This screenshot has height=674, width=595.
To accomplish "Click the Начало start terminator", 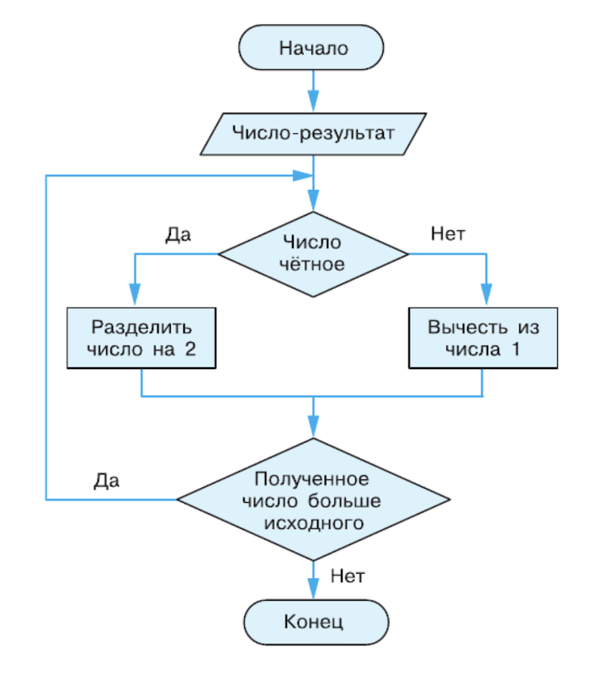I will point(312,47).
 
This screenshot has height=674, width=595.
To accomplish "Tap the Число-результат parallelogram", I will point(312,132).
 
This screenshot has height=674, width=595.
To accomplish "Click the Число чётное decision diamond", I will point(313,253).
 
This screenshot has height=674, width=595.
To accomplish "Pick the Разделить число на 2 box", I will point(141,338).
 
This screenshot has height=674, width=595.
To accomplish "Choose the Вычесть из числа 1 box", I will point(482,338).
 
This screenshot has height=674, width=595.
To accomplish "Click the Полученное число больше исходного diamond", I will point(312,500).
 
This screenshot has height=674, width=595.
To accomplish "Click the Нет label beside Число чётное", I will point(448,233).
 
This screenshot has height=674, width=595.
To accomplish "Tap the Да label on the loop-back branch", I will point(106,481).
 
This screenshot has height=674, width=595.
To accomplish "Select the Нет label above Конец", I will point(347,577).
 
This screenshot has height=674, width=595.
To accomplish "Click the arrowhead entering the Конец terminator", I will point(313,592).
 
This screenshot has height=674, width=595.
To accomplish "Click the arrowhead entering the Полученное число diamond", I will point(313,429).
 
